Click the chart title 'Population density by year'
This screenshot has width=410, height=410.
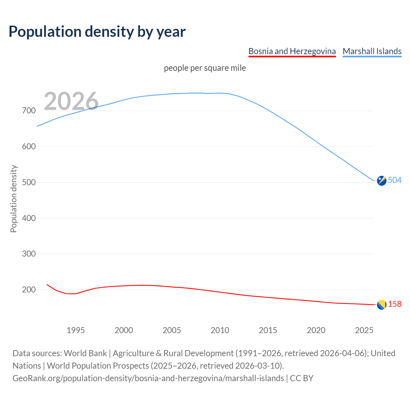[x=97, y=32]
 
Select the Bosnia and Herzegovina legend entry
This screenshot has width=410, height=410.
[x=292, y=51]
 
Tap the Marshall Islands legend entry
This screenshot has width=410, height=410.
[x=372, y=51]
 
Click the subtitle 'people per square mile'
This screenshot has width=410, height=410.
[x=205, y=68]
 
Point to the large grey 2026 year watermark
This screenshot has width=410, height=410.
[x=71, y=101]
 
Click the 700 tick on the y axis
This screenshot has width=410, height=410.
[x=29, y=111]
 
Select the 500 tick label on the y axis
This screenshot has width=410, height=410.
[x=29, y=182]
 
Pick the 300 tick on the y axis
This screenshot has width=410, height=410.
[x=29, y=254]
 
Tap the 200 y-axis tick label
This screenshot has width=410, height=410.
[x=29, y=290]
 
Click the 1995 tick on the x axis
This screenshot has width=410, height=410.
[x=76, y=330]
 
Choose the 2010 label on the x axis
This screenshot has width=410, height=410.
[x=220, y=330]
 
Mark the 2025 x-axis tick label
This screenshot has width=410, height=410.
[x=364, y=330]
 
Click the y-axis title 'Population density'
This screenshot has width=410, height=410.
[x=13, y=199]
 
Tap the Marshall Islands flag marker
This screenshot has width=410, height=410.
[x=381, y=181]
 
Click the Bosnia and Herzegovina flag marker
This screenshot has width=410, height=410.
[x=381, y=305]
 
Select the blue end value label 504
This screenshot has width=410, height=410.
[x=395, y=180]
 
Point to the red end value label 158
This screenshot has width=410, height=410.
[x=395, y=304]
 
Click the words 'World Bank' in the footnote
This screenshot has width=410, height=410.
[x=85, y=353]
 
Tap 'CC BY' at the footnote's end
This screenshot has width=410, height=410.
[x=301, y=378]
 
